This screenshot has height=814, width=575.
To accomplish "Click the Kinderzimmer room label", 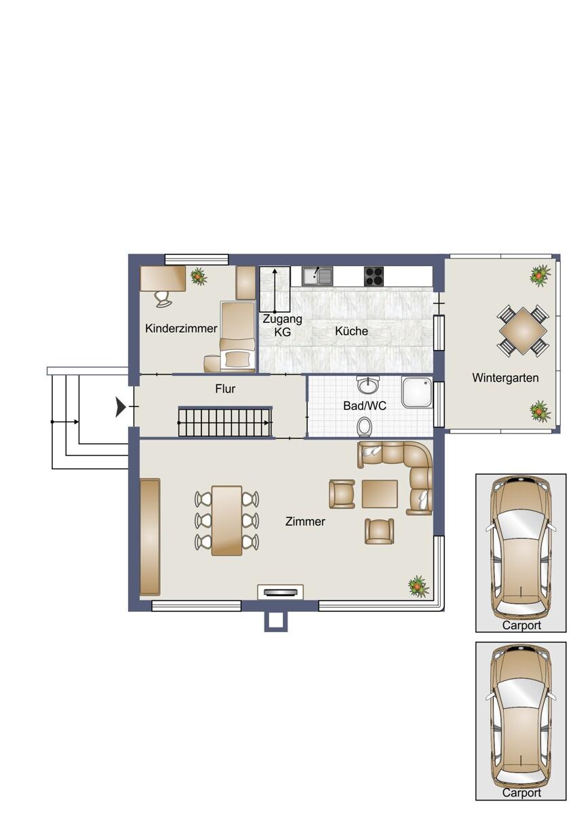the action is [181, 328].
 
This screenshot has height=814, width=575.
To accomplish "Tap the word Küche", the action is [351, 331].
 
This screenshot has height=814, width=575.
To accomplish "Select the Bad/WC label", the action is [364, 406].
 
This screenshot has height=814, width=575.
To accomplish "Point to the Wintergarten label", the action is [505, 378].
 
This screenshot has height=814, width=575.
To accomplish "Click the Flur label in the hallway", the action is [225, 389].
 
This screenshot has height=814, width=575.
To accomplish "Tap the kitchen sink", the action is [317, 276].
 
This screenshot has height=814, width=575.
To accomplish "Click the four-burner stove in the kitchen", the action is [374, 277].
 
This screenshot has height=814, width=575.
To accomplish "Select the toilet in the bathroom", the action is [364, 426].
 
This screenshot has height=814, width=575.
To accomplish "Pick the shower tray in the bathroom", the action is [417, 392].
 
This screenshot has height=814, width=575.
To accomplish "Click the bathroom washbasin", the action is [368, 385].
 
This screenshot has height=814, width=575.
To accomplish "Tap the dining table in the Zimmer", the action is [226, 521].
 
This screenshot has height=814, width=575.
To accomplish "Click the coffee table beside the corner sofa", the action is [380, 494].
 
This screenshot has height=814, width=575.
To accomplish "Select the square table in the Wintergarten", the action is [522, 331].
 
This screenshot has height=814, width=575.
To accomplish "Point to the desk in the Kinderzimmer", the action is [163, 278].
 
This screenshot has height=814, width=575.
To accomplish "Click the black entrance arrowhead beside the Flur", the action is [121, 407].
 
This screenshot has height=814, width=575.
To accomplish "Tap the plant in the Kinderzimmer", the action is [198, 276].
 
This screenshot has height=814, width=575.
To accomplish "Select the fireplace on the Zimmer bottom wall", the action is [280, 592].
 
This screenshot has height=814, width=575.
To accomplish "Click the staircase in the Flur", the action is [225, 422].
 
